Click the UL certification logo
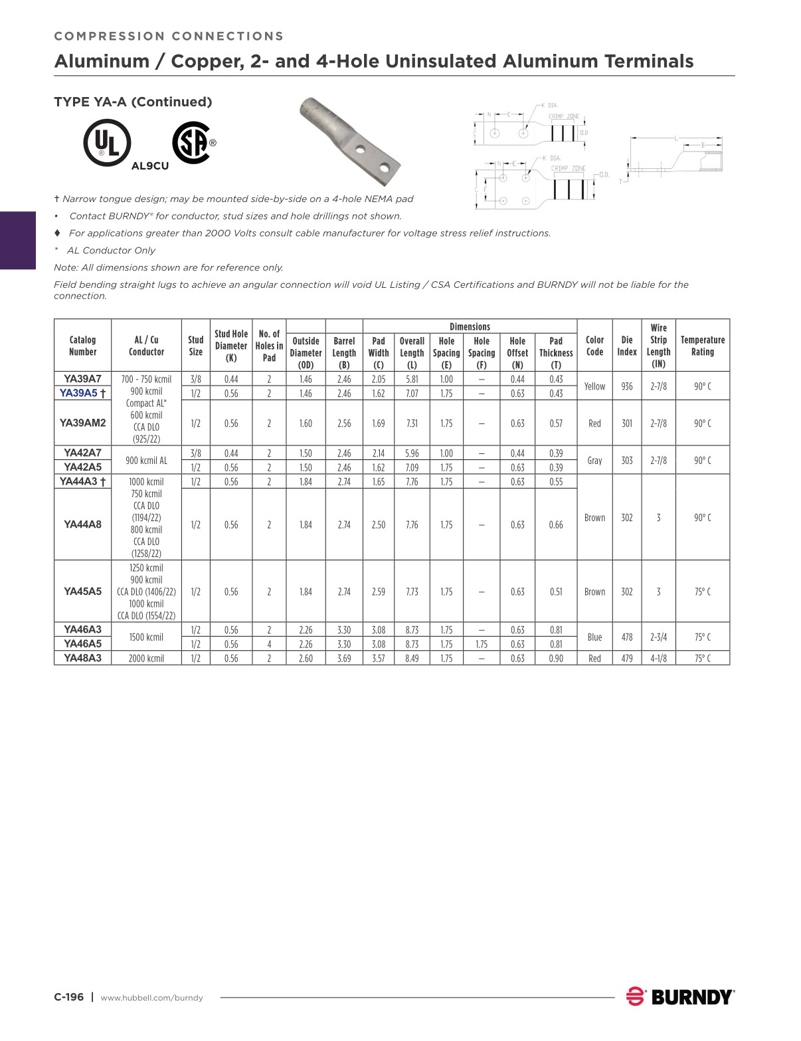107,143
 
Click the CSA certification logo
191,142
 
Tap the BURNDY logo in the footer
680,996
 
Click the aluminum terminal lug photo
349,141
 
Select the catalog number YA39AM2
82,423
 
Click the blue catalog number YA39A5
79,393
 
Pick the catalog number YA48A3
82,658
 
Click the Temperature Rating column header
702,346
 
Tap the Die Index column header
626,346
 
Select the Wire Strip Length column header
658,346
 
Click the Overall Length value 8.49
412,658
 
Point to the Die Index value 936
626,386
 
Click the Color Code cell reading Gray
594,460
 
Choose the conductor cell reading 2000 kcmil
146,658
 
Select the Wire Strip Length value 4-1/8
658,658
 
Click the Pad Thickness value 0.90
556,658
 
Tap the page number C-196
69,997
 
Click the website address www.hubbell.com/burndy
151,998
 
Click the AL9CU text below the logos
150,166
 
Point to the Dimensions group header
470,326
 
